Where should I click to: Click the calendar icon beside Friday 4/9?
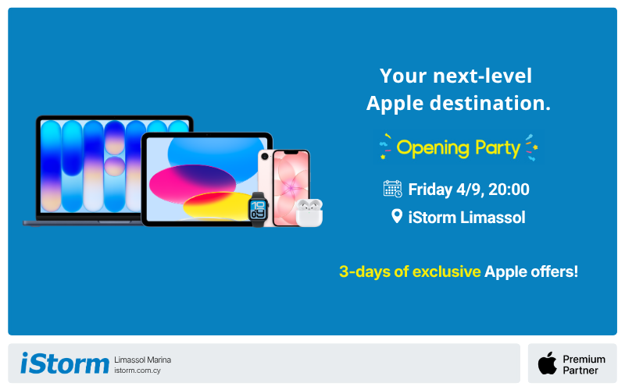point(393,189)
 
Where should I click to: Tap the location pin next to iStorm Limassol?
point(397,217)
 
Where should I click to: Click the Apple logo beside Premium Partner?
point(548,363)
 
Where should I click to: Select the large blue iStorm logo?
point(65,363)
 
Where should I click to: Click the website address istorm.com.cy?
point(137,370)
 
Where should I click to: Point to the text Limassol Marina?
point(142,360)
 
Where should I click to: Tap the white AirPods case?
point(309,213)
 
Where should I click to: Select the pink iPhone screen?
point(291,189)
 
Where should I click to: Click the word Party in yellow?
point(498,148)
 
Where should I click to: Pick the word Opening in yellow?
point(433,148)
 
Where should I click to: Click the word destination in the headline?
point(490,103)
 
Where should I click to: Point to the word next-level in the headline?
point(482,76)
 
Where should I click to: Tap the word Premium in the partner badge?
point(584,359)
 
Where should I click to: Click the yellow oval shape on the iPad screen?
point(217,205)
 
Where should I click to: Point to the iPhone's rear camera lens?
point(265,157)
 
